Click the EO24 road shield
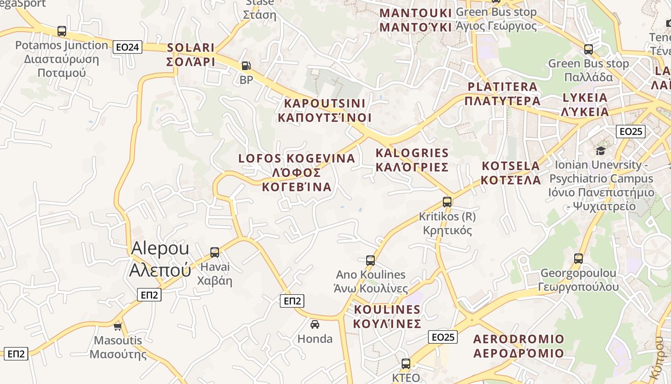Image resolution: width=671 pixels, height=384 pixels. click(x=128, y=47)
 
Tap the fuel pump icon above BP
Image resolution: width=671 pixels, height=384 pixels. click(x=246, y=65)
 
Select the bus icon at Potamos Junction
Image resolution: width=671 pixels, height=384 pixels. click(x=61, y=31)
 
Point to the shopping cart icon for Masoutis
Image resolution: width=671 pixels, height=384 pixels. click(x=117, y=327)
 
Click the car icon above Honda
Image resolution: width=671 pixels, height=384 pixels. click(x=315, y=324)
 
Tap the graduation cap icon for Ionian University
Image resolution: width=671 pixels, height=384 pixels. click(x=601, y=151)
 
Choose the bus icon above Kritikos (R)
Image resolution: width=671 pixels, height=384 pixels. click(x=447, y=202)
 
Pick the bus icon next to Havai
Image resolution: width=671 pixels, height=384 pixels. click(x=215, y=252)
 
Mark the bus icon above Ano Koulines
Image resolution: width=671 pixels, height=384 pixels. click(x=370, y=261)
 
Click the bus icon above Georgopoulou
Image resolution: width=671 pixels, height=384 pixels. click(x=578, y=259)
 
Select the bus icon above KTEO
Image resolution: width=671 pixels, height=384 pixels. click(x=406, y=363)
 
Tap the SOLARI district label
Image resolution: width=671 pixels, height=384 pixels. click(x=191, y=55)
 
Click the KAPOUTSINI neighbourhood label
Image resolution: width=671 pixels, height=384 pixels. click(x=324, y=110)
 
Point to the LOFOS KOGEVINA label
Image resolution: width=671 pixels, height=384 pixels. click(x=297, y=172)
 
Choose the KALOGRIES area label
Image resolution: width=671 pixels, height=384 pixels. click(x=412, y=160)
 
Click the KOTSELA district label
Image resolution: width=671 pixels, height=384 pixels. click(x=511, y=173)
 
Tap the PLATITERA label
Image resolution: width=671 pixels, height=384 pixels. click(x=502, y=94)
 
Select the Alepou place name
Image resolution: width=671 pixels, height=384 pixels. click(x=160, y=259)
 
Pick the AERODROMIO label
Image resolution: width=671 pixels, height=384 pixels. click(x=519, y=346)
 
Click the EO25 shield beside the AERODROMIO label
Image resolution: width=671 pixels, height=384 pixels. click(x=443, y=337)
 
